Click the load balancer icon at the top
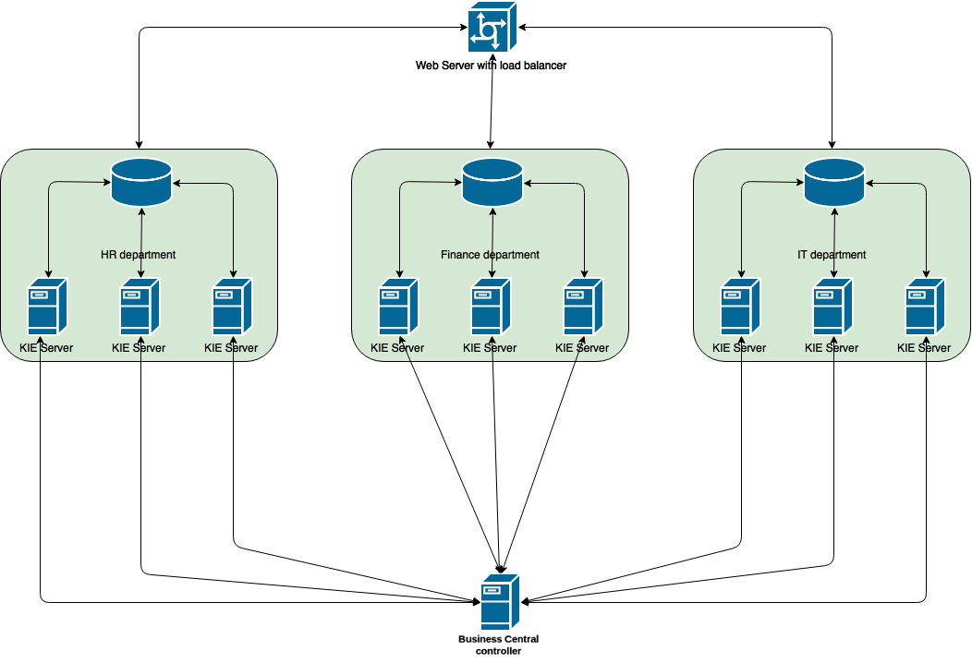[492, 27]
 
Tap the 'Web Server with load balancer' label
[491, 65]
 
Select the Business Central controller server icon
[500, 602]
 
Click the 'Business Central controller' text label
[498, 645]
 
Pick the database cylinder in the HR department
[141, 182]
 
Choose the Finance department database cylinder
[492, 182]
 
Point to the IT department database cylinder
[834, 182]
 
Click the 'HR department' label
[139, 255]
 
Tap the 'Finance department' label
[490, 255]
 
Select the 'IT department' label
[832, 255]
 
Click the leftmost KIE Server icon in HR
[47, 306]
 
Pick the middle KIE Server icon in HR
[140, 306]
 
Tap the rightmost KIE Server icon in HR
[232, 306]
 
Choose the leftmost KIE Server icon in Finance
[398, 306]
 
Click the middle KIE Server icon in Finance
[491, 306]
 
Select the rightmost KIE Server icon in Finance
[583, 306]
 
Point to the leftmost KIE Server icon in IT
[740, 306]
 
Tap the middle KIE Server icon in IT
[832, 306]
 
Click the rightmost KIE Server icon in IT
[925, 306]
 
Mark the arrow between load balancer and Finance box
[491, 101]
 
